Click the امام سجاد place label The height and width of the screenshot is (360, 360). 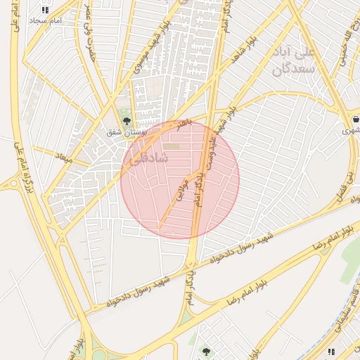46,21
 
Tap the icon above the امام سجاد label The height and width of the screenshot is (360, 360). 46,10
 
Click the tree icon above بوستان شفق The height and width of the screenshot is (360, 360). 127,121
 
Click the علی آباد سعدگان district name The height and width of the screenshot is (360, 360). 289,61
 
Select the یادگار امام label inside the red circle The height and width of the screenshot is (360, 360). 202,187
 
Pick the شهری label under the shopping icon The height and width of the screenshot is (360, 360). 350,131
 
